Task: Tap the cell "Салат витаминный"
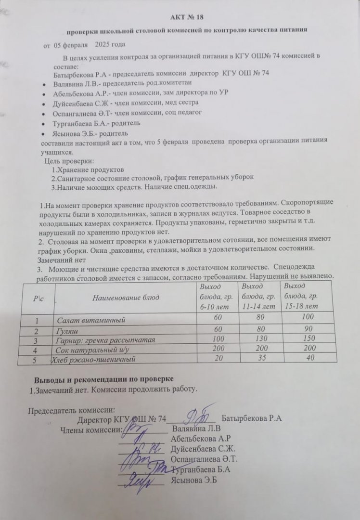pyautogui.click(x=91, y=320)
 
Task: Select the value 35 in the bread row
pyautogui.click(x=258, y=358)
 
